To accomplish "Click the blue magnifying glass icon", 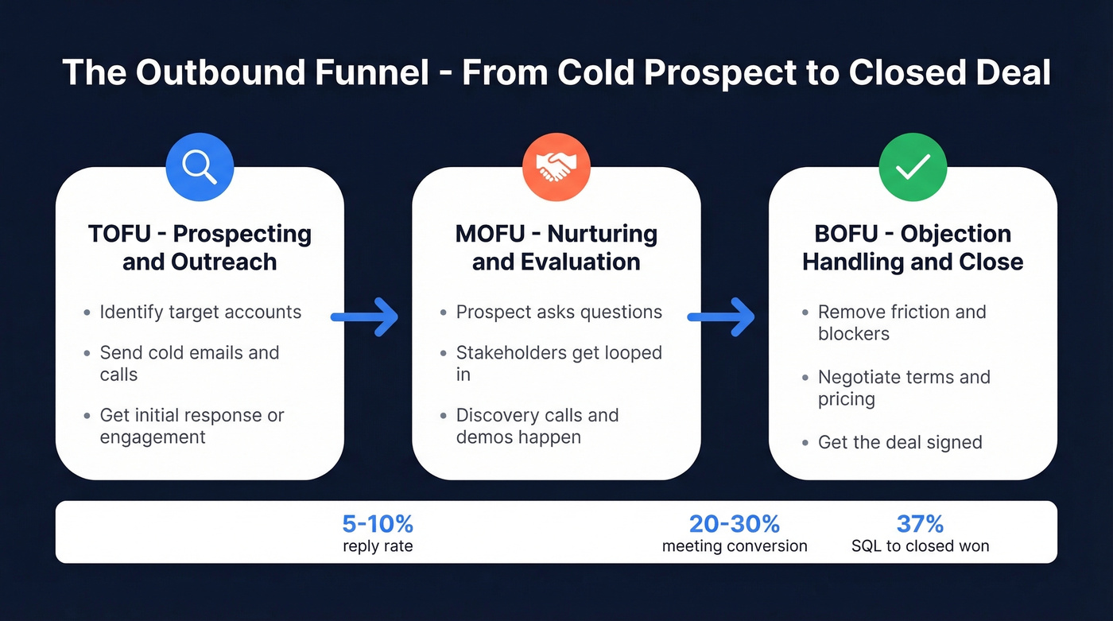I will pos(200,166).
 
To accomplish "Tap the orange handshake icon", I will pos(556,166).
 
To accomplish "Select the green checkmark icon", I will pos(913,166).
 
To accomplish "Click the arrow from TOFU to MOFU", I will pos(364,316).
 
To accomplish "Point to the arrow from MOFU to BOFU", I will pos(720,316).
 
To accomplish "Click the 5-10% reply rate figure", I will pos(378,524).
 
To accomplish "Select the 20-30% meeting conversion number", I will pos(734,524).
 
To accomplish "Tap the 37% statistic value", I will pos(920,524).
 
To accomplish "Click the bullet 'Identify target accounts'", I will pos(200,312).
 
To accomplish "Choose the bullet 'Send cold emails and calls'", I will pos(189,363).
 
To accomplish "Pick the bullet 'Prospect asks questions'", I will pos(559,312).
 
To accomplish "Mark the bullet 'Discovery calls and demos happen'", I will pos(537,426).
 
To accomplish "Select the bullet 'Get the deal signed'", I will pos(900,442).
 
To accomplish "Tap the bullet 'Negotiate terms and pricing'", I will pos(904,388).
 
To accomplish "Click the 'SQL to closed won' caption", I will pos(920,546).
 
